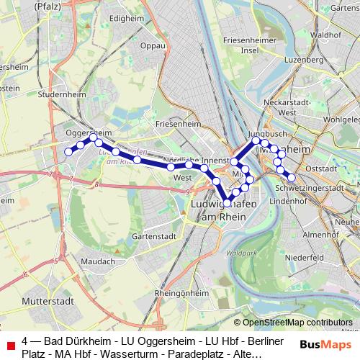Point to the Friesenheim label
click(x=176, y=124)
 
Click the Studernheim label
click(x=62, y=94)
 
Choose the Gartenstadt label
click(x=154, y=235)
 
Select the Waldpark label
click(x=235, y=253)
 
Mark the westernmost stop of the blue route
click(x=69, y=151)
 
